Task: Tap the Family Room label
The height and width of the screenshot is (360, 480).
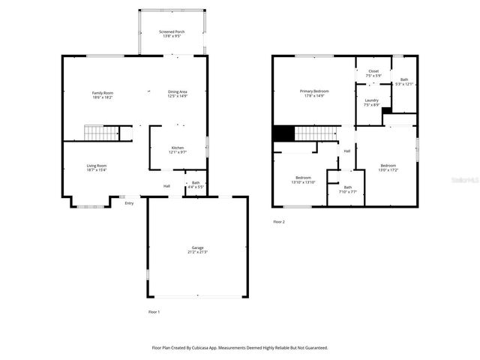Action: (102, 91)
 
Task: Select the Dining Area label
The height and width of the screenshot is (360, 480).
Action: (178, 91)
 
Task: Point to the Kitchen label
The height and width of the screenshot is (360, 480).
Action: (177, 147)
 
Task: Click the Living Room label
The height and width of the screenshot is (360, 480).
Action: (97, 166)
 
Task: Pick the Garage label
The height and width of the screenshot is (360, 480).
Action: (197, 247)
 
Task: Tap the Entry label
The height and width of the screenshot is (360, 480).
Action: (129, 202)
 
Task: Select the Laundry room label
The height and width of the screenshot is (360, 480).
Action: (371, 100)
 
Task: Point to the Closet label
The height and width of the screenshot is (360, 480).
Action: (373, 71)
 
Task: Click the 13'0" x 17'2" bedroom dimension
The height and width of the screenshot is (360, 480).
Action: (388, 170)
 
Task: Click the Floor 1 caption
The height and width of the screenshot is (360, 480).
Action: (154, 311)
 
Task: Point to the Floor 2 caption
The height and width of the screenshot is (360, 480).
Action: (279, 222)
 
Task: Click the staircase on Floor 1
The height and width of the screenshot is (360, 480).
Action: (100, 133)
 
